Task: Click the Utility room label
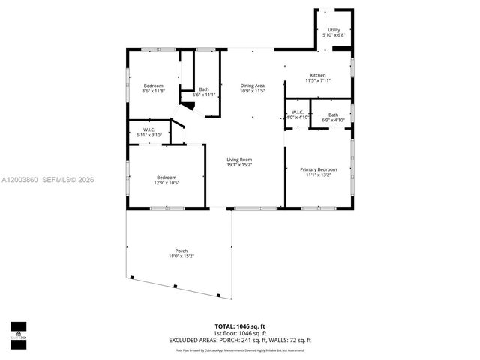pos(333,30)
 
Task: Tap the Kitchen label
pos(318,75)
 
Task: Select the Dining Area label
pos(252,85)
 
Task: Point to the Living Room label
pos(239,159)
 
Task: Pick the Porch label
pos(181,250)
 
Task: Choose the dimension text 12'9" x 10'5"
pos(166,182)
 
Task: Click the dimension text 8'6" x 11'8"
pos(153,91)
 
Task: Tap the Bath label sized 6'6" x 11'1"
pos(204,89)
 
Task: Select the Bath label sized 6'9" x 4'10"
pos(333,115)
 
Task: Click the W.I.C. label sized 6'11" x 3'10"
pos(148,130)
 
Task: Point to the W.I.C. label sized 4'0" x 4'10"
pos(298,112)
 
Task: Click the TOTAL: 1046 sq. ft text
pos(240,327)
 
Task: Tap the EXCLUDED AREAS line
pos(240,340)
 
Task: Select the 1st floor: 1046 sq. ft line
pos(240,333)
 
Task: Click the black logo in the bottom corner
pos(18,331)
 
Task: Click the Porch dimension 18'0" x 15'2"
pos(181,256)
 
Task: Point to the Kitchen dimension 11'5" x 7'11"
pos(318,80)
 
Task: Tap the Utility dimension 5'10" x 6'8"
pos(333,35)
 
